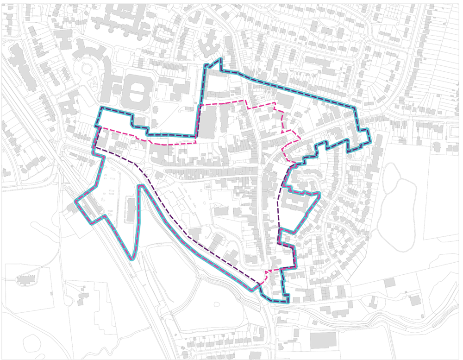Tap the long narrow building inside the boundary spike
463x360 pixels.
point(131,210)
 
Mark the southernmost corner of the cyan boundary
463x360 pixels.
point(288,302)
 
